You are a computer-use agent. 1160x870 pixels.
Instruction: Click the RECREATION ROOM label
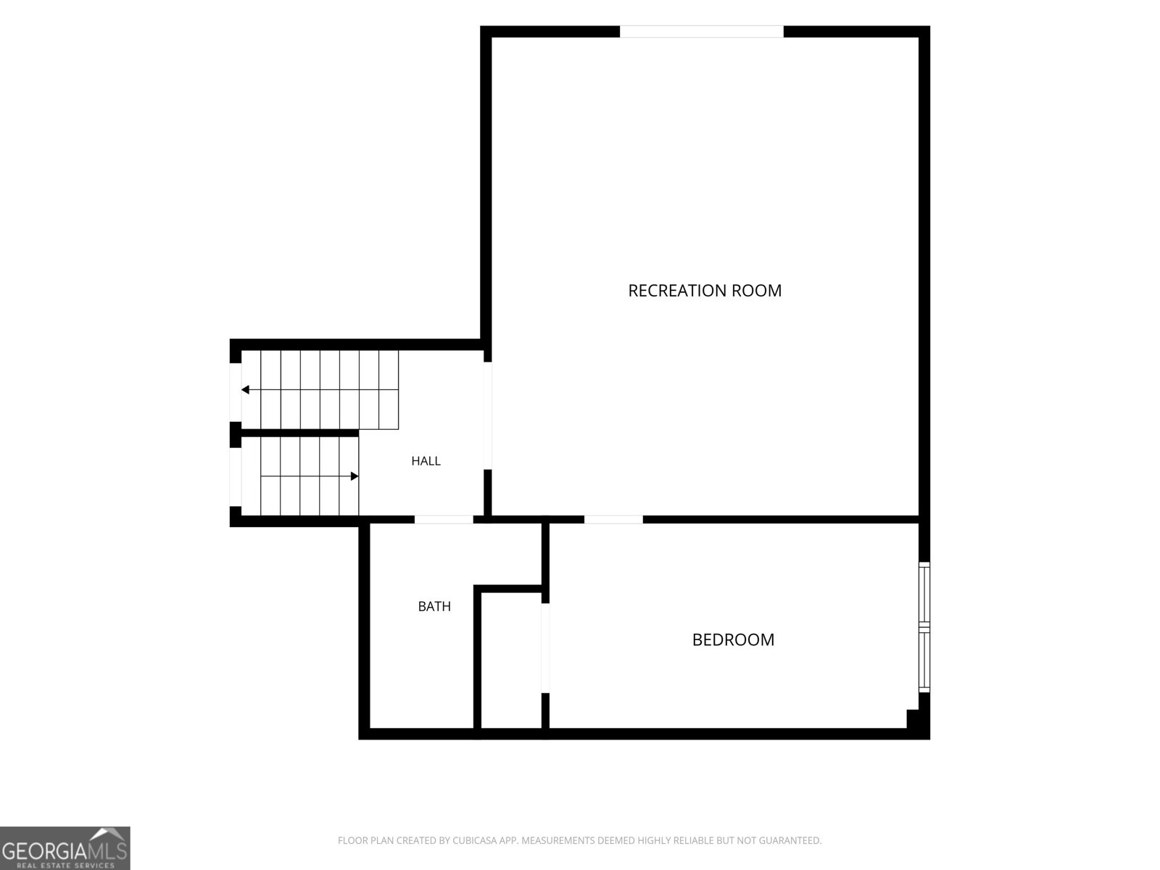[705, 291]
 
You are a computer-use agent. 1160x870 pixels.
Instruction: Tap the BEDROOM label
[733, 639]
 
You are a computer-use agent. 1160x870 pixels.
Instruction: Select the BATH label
[434, 606]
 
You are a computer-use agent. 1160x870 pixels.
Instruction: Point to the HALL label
[426, 461]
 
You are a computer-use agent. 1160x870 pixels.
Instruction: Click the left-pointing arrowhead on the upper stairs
[245, 390]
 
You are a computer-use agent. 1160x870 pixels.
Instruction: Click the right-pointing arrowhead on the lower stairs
[355, 476]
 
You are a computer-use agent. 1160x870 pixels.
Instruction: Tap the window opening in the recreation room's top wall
[701, 31]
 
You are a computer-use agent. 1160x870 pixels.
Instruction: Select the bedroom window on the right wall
[924, 627]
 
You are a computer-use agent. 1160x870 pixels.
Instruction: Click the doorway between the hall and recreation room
[487, 415]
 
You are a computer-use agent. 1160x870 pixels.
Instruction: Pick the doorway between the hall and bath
[444, 520]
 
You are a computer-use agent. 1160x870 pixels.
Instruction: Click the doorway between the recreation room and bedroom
[613, 520]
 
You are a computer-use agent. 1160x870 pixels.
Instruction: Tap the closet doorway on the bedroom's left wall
[545, 648]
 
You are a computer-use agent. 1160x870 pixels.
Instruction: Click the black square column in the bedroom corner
[914, 718]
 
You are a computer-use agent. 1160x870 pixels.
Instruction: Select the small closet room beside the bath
[511, 660]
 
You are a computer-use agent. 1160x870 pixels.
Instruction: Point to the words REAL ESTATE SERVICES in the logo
[65, 865]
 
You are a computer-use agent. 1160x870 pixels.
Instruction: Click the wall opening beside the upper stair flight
[235, 392]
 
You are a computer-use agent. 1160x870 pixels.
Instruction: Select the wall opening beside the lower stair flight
[235, 477]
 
